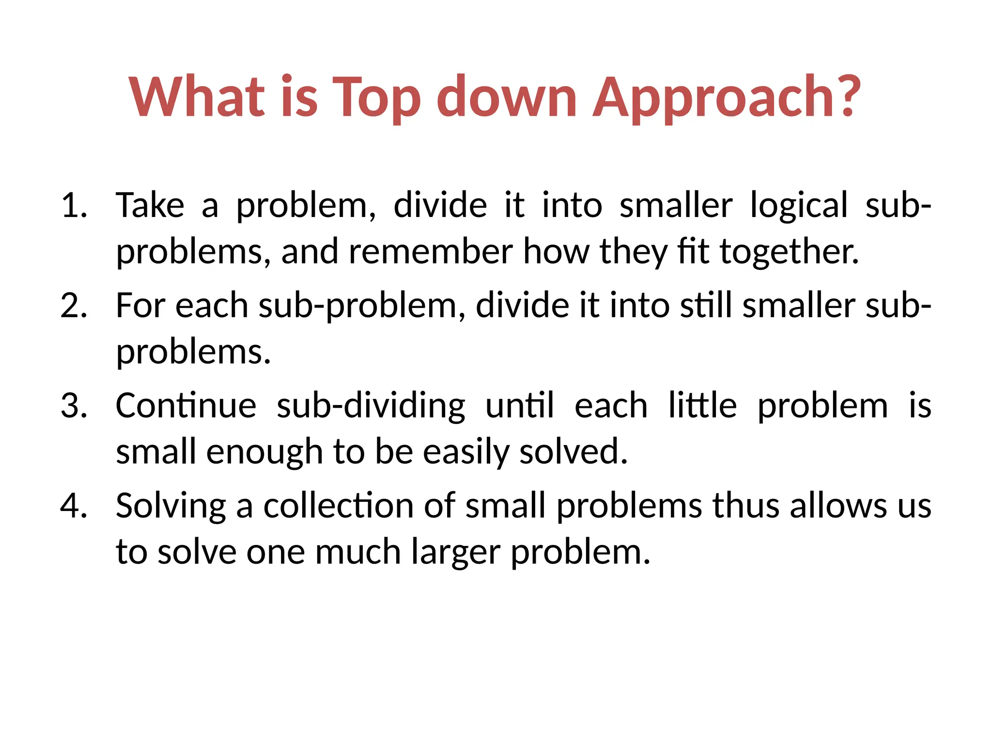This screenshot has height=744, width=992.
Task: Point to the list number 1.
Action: [74, 205]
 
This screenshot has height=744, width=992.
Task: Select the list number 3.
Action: [74, 405]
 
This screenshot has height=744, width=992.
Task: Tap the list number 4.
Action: [74, 505]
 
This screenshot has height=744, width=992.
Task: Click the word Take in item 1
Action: [150, 205]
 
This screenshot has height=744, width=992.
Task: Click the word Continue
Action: [186, 405]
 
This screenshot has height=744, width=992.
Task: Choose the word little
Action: [702, 405]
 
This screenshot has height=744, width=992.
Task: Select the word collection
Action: [339, 505]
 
